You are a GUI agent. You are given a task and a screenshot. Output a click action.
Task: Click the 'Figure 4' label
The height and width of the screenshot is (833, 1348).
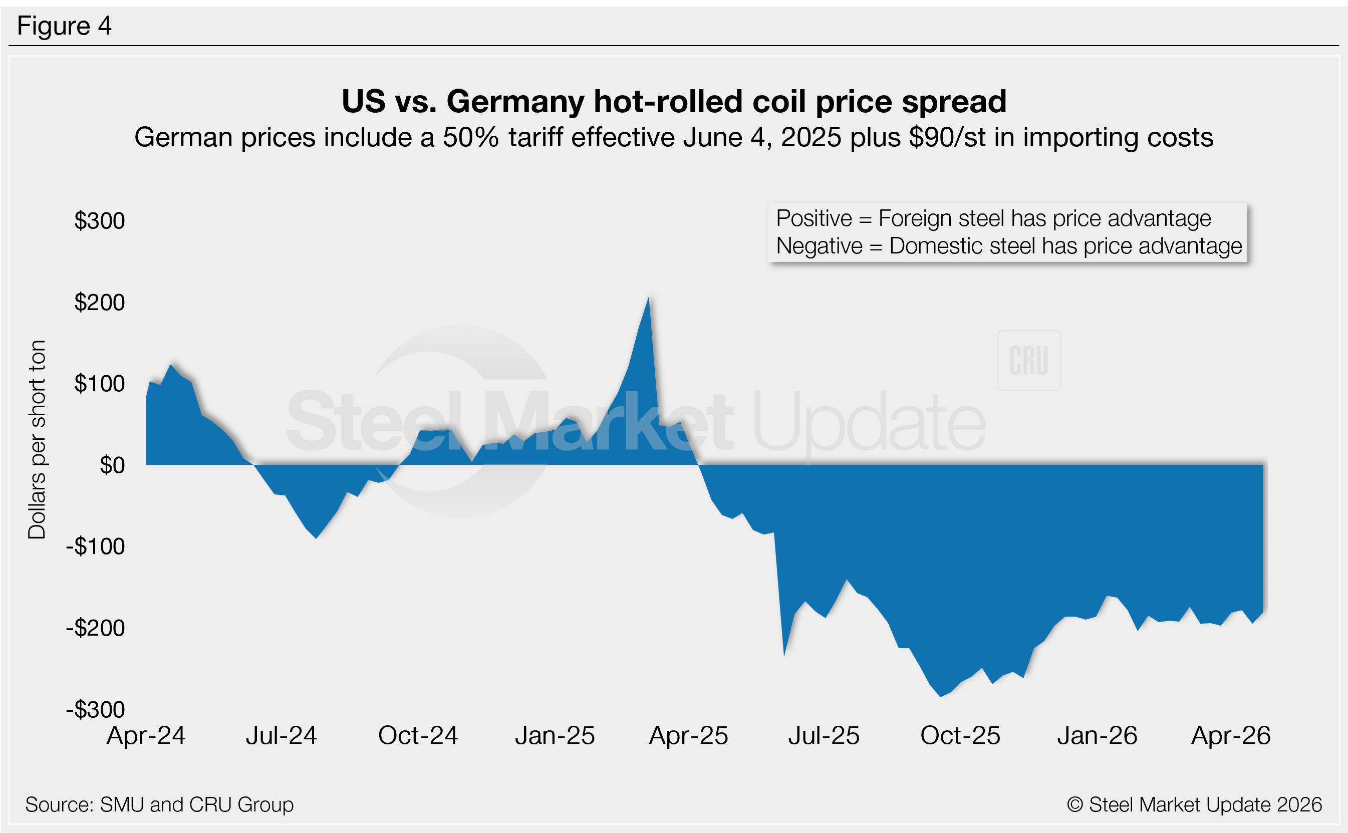65,26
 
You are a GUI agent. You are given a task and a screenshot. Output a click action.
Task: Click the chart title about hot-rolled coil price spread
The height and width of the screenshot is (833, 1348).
674,101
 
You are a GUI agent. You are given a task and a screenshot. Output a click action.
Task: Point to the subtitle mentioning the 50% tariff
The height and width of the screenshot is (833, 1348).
674,137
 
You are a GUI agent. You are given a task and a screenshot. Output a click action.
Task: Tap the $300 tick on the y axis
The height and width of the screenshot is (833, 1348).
100,221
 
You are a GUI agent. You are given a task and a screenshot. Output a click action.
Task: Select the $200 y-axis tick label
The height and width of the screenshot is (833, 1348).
100,303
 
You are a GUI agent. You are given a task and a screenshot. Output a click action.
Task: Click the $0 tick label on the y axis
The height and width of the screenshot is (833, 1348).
112,465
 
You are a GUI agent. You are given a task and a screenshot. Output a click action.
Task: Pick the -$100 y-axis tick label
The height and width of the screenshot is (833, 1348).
96,546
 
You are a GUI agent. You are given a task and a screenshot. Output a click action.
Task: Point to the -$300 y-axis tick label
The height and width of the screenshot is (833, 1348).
96,710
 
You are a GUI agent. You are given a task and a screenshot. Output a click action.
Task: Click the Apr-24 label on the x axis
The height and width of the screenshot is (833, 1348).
146,735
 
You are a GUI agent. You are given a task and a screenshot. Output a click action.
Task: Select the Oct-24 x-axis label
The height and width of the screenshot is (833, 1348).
418,735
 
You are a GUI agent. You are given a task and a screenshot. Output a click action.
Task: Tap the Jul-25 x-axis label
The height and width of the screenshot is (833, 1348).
824,735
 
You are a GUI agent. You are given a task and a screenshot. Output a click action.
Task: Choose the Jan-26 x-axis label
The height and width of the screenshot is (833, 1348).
1097,735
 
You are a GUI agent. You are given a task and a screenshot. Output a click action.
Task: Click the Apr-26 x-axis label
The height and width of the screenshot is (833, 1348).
1231,735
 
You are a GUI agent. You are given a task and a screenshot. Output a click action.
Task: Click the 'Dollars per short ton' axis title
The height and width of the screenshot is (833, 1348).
37,440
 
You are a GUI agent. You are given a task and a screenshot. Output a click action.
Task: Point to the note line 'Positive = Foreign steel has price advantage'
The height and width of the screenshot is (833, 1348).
993,219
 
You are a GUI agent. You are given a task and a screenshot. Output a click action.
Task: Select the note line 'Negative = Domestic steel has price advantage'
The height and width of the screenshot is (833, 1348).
1009,246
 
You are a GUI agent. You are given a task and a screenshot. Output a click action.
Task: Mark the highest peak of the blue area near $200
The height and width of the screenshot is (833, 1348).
648,299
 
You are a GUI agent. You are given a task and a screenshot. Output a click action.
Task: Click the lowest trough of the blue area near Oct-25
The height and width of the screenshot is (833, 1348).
941,696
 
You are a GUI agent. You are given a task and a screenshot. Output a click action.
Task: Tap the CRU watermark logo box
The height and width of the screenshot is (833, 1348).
1028,361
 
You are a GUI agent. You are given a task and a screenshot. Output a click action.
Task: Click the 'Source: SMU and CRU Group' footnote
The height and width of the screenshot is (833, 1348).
159,805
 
